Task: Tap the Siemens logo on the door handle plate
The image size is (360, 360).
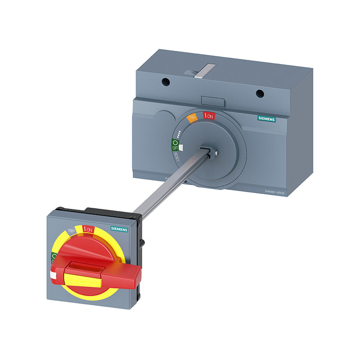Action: click(119, 229)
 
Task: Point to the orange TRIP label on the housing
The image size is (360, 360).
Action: click(193, 119)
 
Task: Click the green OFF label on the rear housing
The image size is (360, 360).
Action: click(175, 145)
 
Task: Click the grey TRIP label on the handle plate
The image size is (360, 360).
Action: click(71, 231)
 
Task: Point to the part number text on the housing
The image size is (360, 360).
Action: click(275, 192)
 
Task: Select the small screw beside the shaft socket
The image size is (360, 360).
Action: click(217, 153)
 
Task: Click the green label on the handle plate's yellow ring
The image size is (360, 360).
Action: click(53, 258)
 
